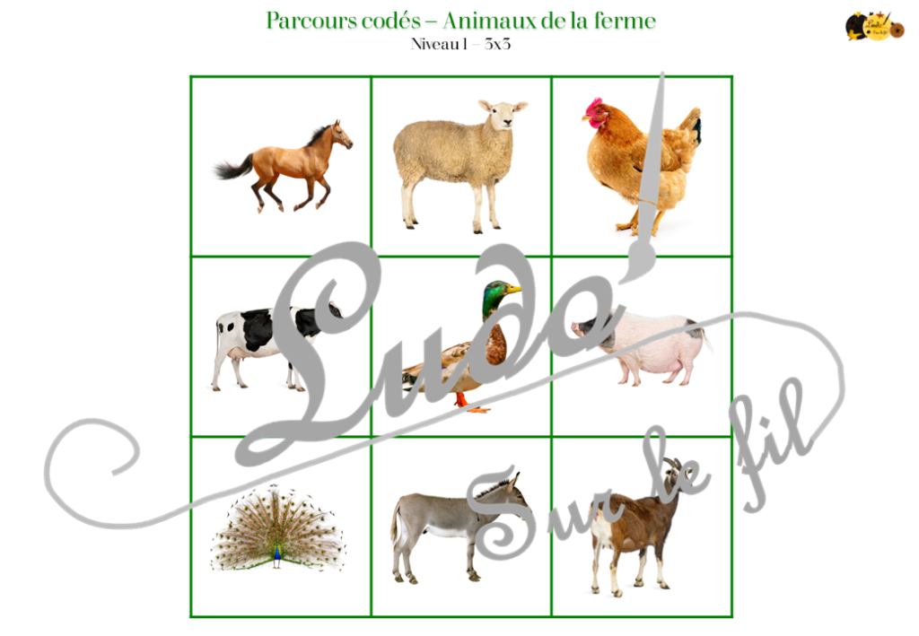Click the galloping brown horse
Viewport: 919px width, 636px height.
(287, 166)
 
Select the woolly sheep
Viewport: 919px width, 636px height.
(453, 157)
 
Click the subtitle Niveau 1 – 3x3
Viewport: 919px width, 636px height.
(459, 44)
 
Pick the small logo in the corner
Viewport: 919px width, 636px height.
(873, 26)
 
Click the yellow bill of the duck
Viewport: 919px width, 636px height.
(513, 289)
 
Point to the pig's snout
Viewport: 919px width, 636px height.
(576, 327)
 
